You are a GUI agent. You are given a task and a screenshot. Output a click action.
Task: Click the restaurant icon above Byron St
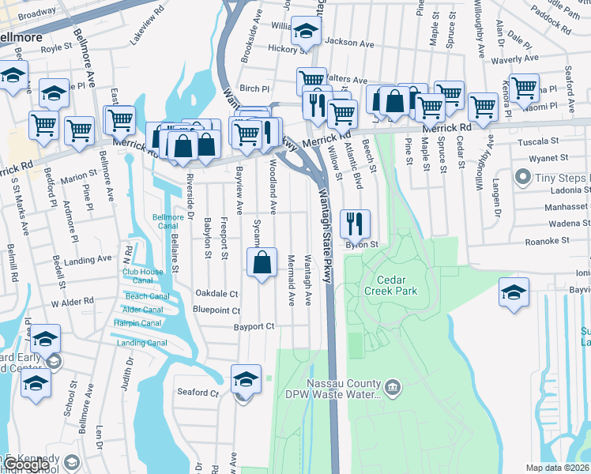pyautogui.click(x=355, y=224)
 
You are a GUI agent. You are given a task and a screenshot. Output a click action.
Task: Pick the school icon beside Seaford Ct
pyautogui.click(x=246, y=379)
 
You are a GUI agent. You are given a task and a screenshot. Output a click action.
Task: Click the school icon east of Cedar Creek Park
pyautogui.click(x=514, y=293)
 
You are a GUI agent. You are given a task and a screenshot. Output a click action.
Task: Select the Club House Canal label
pyautogui.click(x=142, y=276)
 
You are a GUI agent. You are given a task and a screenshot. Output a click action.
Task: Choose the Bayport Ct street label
pyautogui.click(x=253, y=326)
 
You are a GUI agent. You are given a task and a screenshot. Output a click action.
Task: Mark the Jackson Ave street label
pyautogui.click(x=348, y=41)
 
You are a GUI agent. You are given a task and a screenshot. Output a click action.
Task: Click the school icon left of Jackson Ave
pyautogui.click(x=306, y=32)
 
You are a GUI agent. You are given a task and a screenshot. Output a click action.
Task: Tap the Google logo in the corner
pyautogui.click(x=25, y=465)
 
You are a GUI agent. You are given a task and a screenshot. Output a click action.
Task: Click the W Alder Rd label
pyautogui.click(x=72, y=302)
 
